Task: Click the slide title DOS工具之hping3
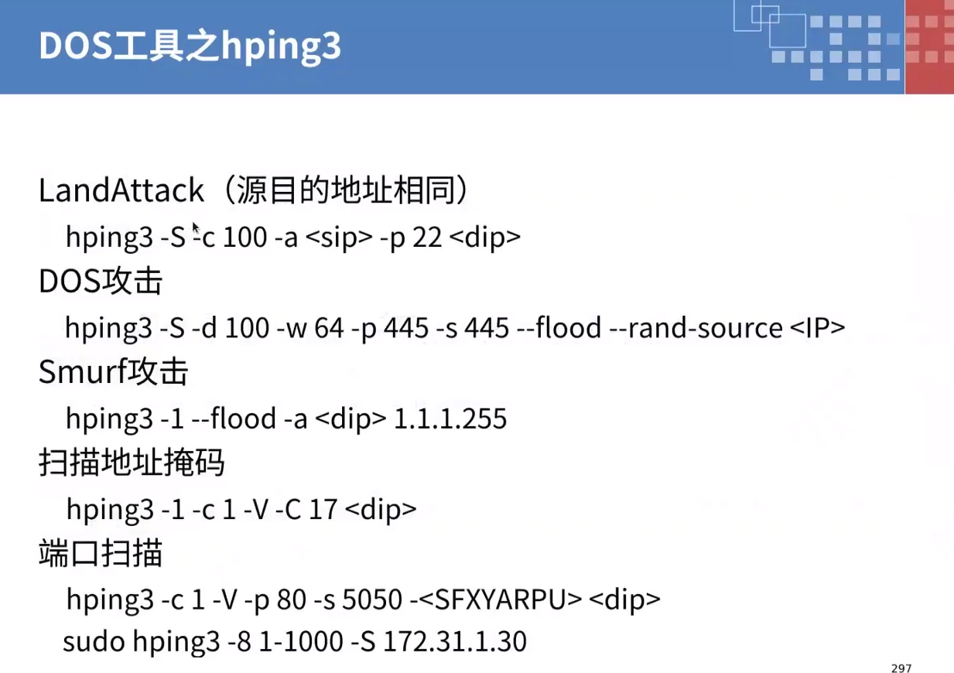190,47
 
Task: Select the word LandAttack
121,191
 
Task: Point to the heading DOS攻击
101,282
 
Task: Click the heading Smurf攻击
113,373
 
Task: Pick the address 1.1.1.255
450,419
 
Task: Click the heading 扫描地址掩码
132,463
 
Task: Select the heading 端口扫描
101,555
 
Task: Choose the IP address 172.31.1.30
455,641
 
